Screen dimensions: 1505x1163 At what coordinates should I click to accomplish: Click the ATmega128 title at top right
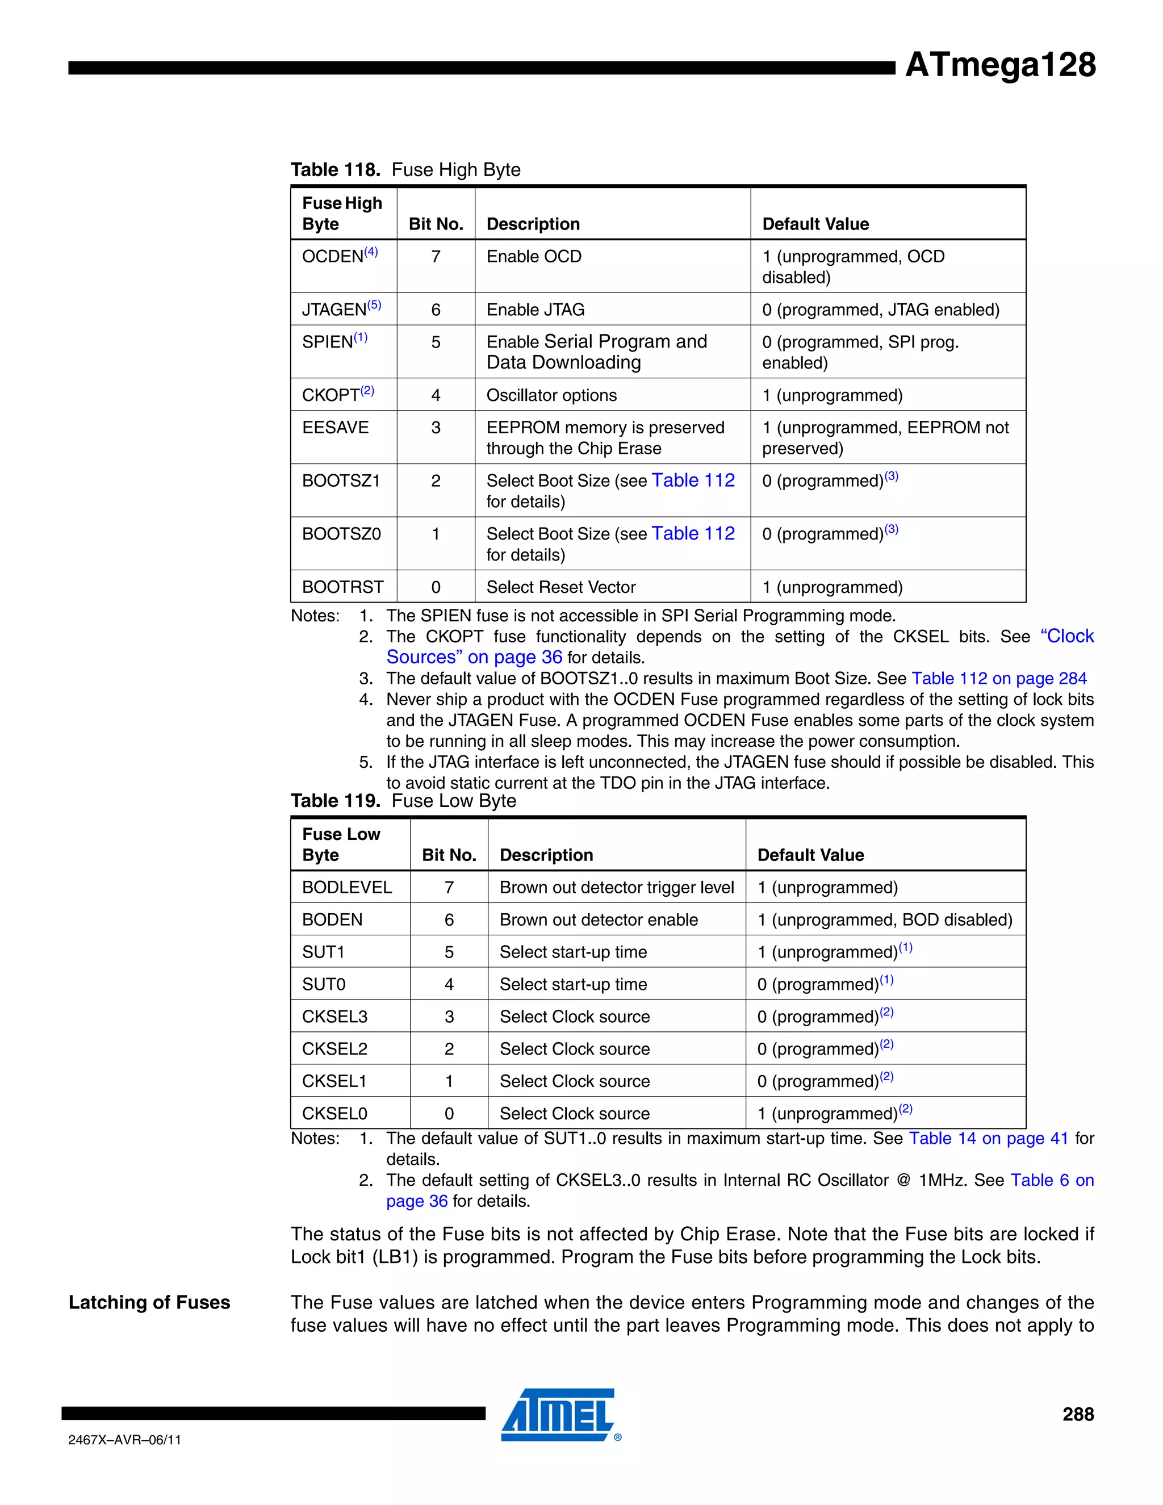pyautogui.click(x=999, y=65)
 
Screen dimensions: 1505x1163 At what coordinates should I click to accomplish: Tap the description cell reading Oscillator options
pyautogui.click(x=551, y=395)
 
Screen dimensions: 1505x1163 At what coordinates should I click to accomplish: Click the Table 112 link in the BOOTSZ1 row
pyautogui.click(x=693, y=480)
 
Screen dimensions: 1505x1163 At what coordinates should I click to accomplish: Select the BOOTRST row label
pyautogui.click(x=342, y=587)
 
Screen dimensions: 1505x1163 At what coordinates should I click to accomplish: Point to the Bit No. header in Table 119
pyautogui.click(x=449, y=855)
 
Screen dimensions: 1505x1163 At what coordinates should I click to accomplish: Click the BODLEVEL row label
pyautogui.click(x=346, y=888)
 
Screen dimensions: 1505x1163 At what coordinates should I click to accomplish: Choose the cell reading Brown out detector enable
pyautogui.click(x=598, y=920)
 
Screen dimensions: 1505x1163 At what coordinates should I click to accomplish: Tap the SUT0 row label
pyautogui.click(x=323, y=984)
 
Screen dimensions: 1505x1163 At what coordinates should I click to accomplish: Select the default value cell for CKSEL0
pyautogui.click(x=834, y=1114)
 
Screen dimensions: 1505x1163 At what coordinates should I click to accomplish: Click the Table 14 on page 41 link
pyautogui.click(x=988, y=1138)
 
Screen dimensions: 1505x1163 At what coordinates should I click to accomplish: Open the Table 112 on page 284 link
pyautogui.click(x=998, y=679)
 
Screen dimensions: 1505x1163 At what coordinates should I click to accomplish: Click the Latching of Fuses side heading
pyautogui.click(x=149, y=1302)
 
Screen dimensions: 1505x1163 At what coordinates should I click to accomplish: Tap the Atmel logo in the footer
pyautogui.click(x=559, y=1415)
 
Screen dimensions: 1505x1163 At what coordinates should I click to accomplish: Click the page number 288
pyautogui.click(x=1078, y=1415)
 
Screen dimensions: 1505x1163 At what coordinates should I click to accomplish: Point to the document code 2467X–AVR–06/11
pyautogui.click(x=125, y=1440)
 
